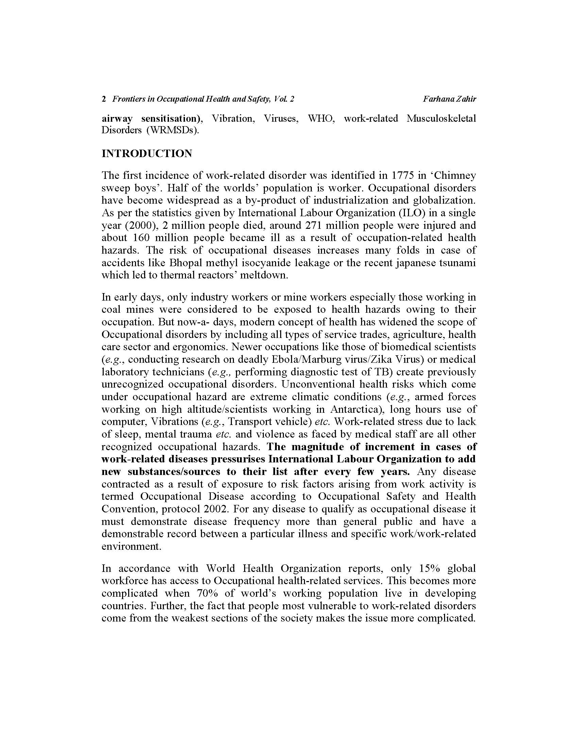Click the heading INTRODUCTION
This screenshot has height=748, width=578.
tap(147, 153)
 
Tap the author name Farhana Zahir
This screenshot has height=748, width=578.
tap(449, 99)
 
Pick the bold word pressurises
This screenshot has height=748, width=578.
tap(238, 459)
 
